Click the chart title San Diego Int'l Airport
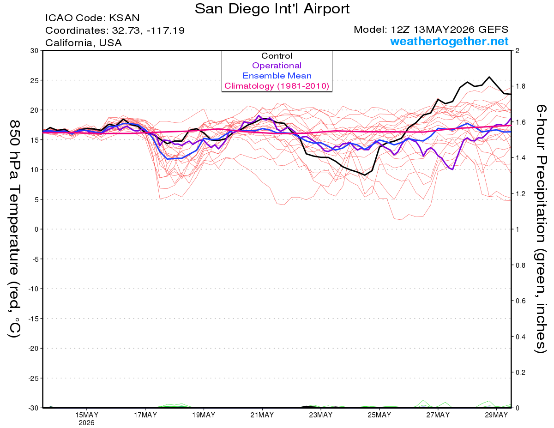click(272, 9)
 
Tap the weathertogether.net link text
click(449, 41)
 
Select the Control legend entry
click(277, 55)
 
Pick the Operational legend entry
click(277, 66)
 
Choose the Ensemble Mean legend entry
click(277, 76)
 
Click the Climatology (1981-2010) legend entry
click(277, 86)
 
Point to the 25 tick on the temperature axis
click(34, 80)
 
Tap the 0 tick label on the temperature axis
click(36, 229)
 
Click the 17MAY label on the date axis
click(145, 415)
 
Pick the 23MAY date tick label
click(321, 415)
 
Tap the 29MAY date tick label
click(496, 415)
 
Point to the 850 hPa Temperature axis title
click(14, 229)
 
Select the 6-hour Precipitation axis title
click(540, 229)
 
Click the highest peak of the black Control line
click(489, 77)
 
